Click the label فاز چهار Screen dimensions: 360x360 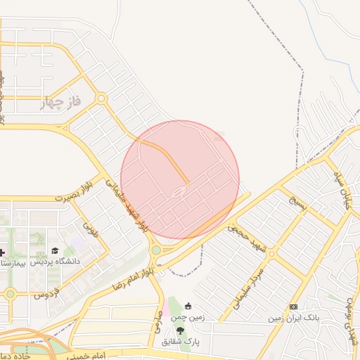coord(62,103)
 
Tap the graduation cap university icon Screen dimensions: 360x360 coord(55,251)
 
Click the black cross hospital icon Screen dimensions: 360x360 coord(3,252)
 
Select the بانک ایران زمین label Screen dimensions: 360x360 coord(293,318)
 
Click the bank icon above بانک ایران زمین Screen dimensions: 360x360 coord(293,307)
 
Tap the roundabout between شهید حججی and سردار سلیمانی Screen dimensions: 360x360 coord(271,253)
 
